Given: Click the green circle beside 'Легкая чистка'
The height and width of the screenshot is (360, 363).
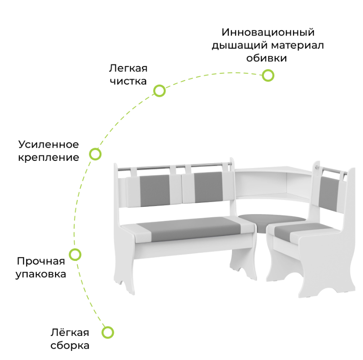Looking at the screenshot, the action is (159, 91).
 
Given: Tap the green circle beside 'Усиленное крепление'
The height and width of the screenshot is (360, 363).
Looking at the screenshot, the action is (95, 154).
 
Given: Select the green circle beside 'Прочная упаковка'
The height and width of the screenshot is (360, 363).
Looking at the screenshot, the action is (75, 254).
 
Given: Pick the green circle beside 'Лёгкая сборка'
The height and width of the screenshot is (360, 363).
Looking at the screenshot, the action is (107, 332).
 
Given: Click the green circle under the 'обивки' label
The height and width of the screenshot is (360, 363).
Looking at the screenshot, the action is (268, 75).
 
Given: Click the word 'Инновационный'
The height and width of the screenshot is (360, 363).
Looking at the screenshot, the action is (268, 33).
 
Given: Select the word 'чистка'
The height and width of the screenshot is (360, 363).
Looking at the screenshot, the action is (128, 81).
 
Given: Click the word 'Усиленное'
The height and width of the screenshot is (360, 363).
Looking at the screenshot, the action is (49, 145).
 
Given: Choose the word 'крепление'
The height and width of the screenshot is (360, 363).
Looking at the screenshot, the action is (49, 158).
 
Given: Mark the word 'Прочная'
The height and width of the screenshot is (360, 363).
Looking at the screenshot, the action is (41, 261).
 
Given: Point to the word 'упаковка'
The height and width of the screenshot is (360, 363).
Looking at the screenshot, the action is (41, 275).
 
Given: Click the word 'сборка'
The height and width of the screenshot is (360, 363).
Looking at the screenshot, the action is (70, 345).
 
